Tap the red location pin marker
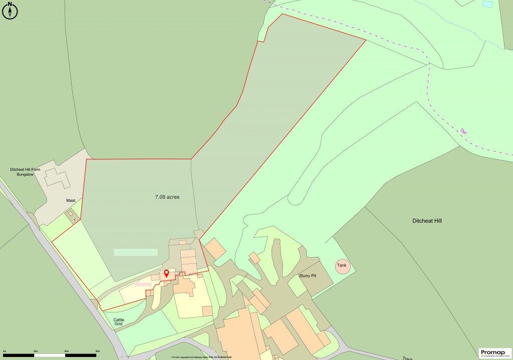point(167,273)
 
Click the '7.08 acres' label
point(167,197)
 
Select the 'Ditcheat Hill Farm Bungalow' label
point(28,172)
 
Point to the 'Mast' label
point(71,200)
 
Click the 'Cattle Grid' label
point(119,321)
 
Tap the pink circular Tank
point(342,265)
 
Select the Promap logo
point(495,353)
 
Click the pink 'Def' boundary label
point(463,132)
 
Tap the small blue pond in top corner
point(486,4)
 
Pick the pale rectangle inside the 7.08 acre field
point(135,252)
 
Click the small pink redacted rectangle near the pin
point(143,284)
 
